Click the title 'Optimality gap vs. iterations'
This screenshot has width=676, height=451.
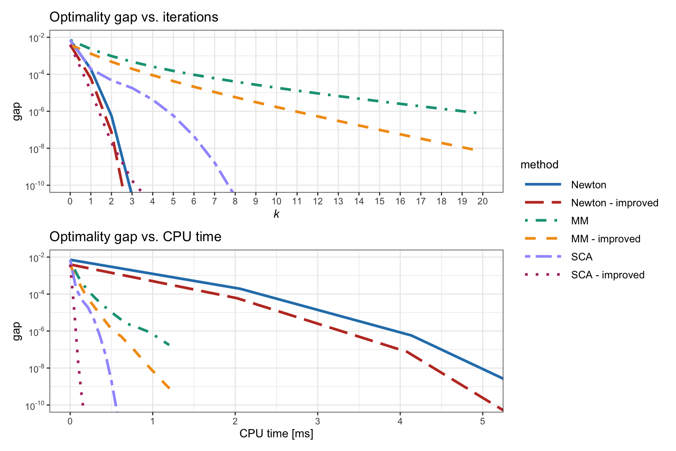click(134, 17)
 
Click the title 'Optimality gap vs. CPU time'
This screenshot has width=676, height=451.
click(135, 237)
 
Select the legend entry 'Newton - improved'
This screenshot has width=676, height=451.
click(614, 203)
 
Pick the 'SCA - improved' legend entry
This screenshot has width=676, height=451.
click(608, 275)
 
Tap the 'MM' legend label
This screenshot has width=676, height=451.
click(579, 221)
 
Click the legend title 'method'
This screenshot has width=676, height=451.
click(539, 164)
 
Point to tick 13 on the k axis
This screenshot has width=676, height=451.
click(338, 201)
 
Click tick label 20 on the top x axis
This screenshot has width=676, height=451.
click(482, 201)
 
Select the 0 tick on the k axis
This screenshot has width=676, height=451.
click(70, 201)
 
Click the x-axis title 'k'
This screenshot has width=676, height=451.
click(276, 214)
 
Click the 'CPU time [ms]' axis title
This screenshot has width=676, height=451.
click(276, 433)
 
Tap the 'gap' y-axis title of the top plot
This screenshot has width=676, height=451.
click(16, 111)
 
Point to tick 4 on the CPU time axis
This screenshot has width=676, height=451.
click(400, 421)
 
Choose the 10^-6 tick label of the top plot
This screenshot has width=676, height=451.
click(37, 112)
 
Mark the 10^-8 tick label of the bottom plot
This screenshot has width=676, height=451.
click(37, 369)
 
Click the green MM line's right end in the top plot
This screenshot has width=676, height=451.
click(476, 113)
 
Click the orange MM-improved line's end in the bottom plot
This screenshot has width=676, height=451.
click(169, 388)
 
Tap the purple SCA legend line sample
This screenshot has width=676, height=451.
click(543, 257)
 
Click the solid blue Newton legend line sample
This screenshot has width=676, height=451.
click(543, 184)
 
